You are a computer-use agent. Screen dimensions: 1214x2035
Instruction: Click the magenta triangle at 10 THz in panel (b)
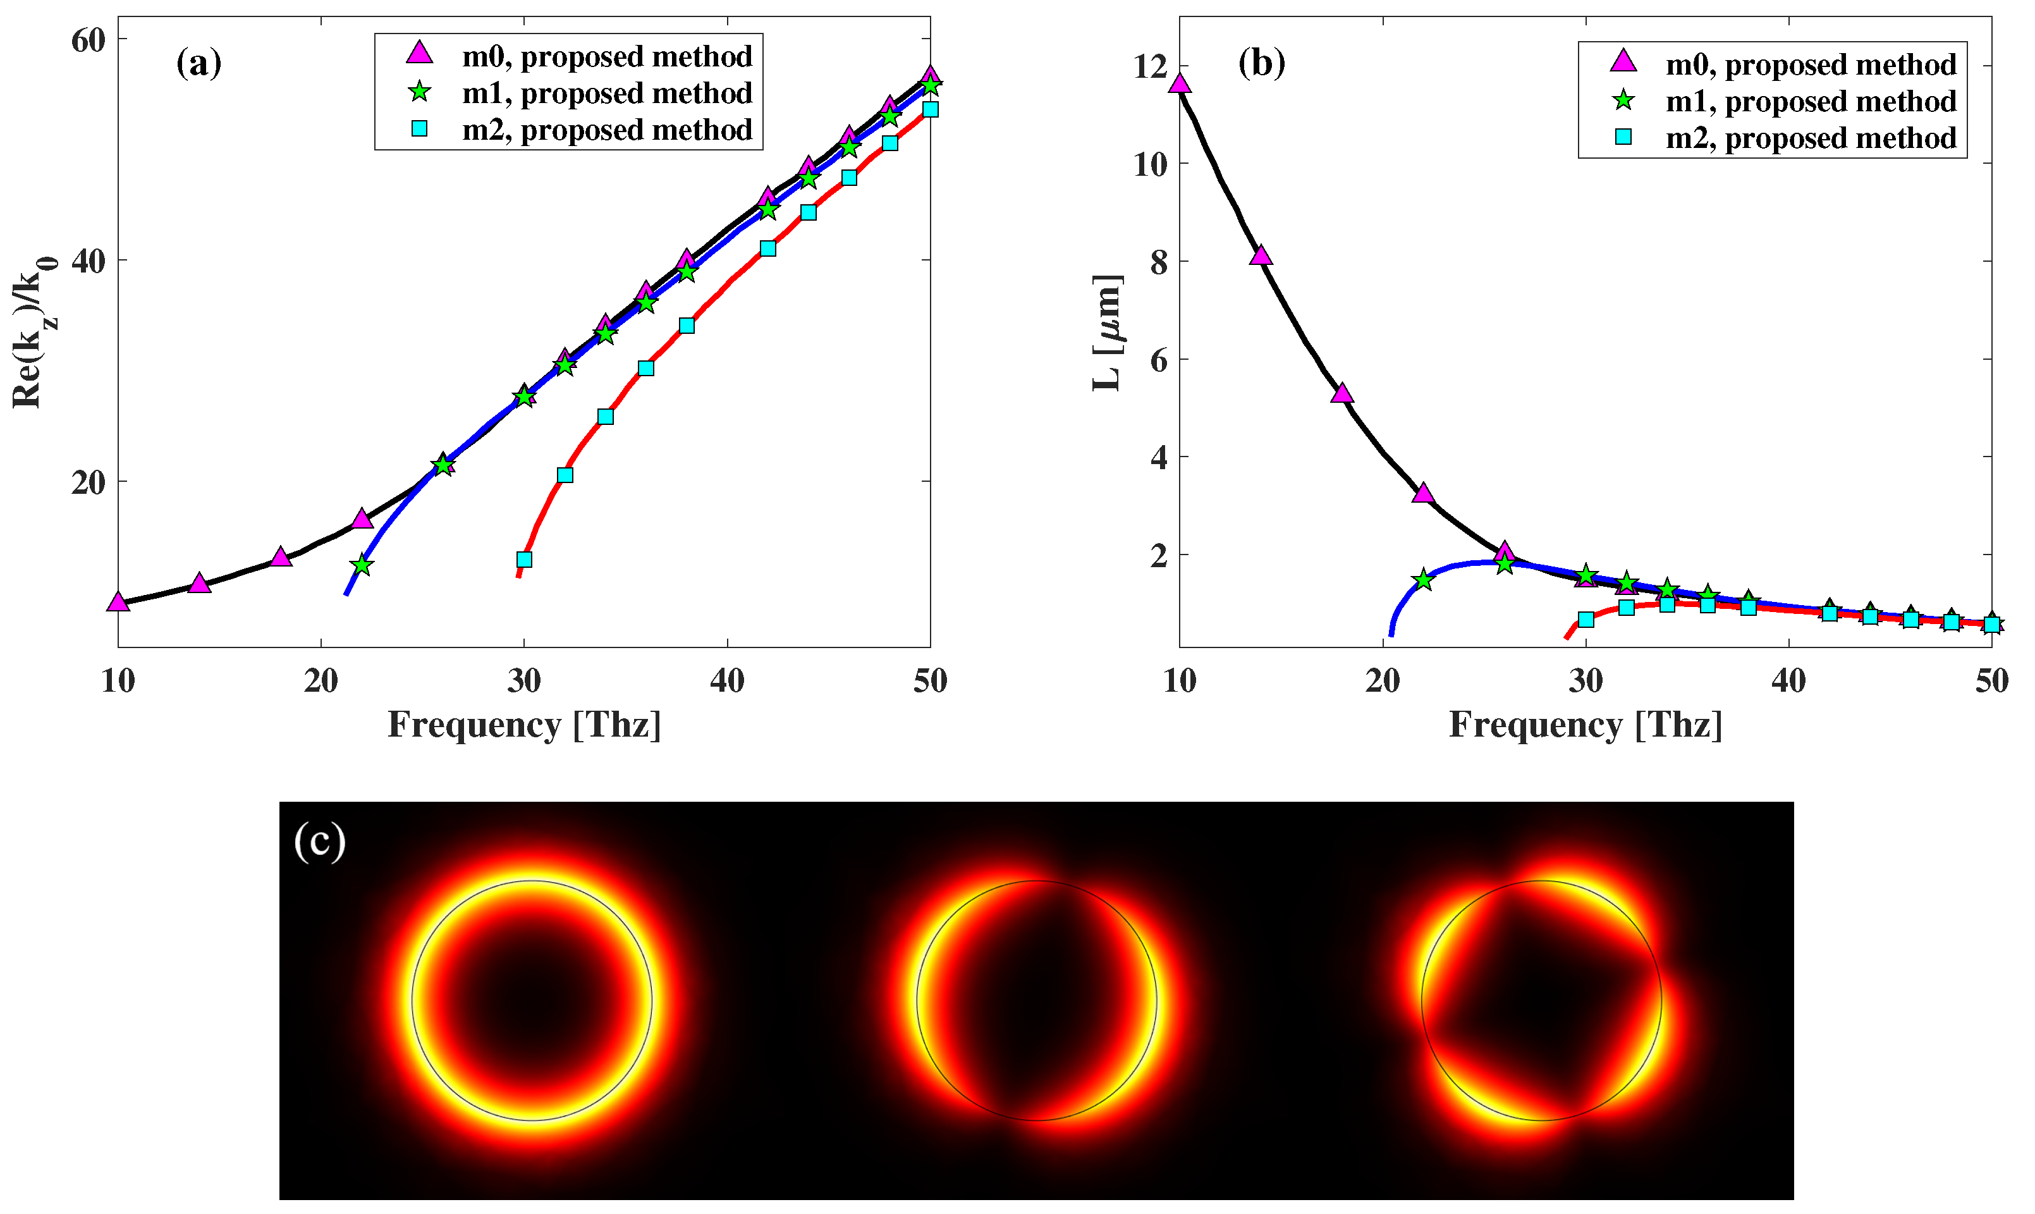click(1180, 83)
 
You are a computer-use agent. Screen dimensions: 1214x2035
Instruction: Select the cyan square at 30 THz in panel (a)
click(524, 560)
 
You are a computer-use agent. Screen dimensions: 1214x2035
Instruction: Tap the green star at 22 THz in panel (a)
click(362, 565)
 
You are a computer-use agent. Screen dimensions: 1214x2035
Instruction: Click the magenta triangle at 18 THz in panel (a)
click(281, 558)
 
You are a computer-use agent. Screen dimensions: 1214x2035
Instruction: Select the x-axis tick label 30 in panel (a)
click(523, 680)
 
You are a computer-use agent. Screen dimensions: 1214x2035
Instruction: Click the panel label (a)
click(199, 63)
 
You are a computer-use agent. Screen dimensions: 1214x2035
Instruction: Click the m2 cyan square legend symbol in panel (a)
click(420, 128)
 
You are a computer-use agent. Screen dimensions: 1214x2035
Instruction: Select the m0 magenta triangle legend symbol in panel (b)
click(1623, 61)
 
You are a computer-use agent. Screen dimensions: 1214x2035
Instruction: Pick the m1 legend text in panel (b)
click(1811, 101)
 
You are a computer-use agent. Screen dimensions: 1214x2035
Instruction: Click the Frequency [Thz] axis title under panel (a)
click(523, 725)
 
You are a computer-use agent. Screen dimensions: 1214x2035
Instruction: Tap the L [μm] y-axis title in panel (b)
click(1108, 333)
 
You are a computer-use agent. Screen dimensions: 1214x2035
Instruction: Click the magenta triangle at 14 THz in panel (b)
click(1261, 256)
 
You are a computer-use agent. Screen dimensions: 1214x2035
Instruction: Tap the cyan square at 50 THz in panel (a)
click(930, 109)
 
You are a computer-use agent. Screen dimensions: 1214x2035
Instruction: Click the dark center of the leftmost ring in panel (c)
click(532, 1000)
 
